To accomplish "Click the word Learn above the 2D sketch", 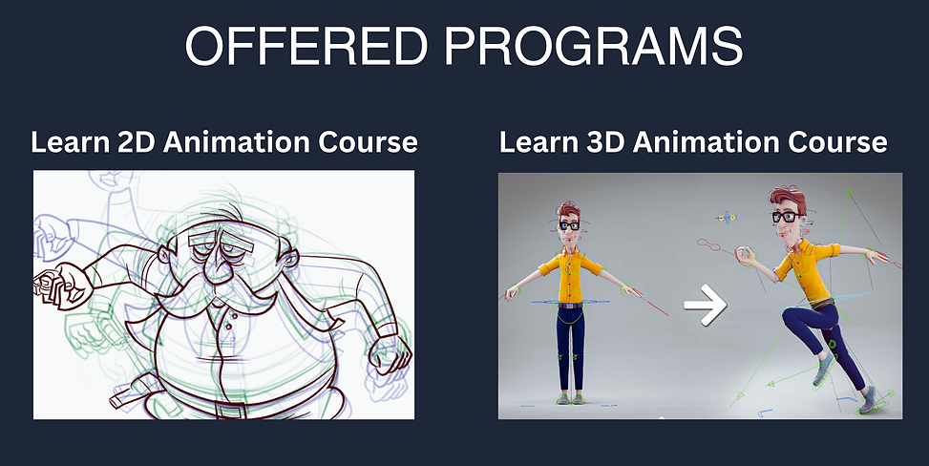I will tap(70, 143).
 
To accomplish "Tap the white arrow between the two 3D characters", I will tap(706, 306).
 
